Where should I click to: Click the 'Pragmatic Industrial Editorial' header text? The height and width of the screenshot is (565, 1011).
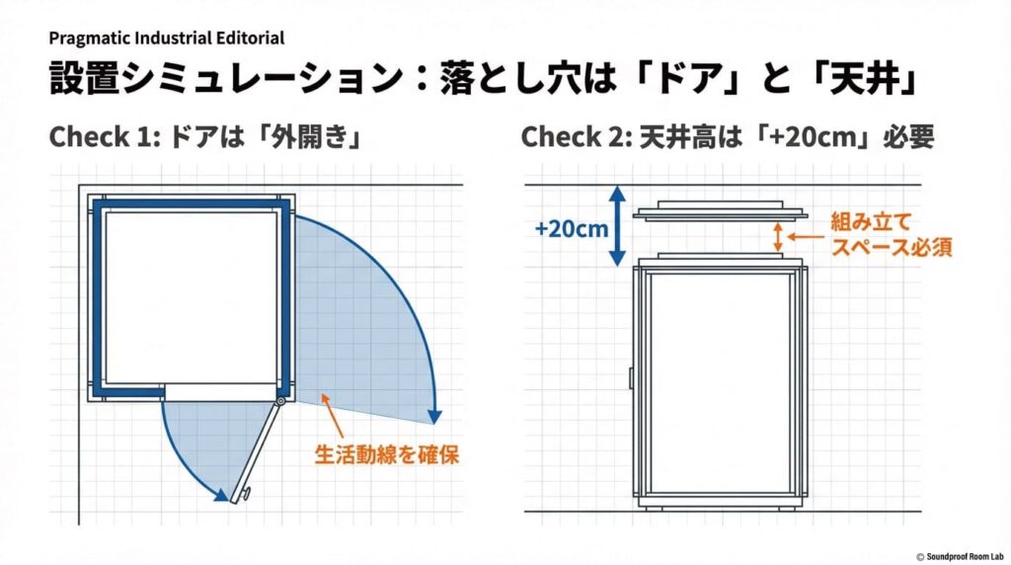(x=167, y=39)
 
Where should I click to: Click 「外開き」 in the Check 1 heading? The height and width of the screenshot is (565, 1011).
(x=306, y=137)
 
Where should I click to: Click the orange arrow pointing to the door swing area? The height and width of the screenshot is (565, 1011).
(x=334, y=416)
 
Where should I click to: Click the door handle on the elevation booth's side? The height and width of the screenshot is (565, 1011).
(x=631, y=376)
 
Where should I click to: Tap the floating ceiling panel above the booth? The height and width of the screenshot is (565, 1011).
(x=722, y=212)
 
